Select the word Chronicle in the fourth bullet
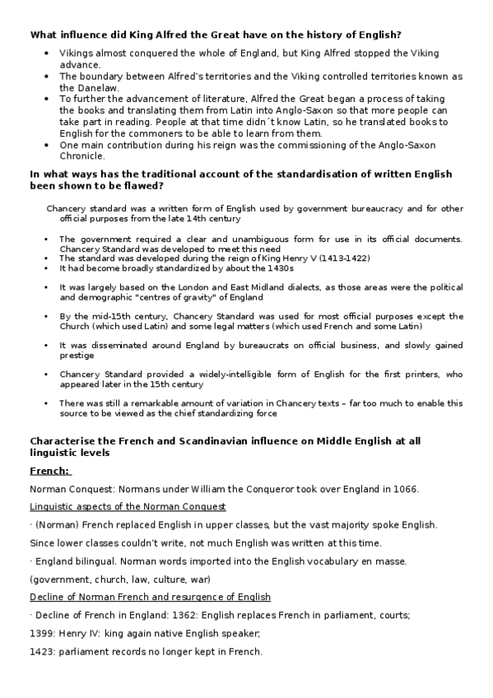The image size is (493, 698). click(x=81, y=156)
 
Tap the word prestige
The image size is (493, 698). click(x=75, y=356)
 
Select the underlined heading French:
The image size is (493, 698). click(x=50, y=471)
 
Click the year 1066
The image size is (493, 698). click(x=403, y=489)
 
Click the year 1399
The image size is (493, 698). click(x=43, y=633)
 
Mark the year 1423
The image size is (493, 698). click(x=43, y=652)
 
